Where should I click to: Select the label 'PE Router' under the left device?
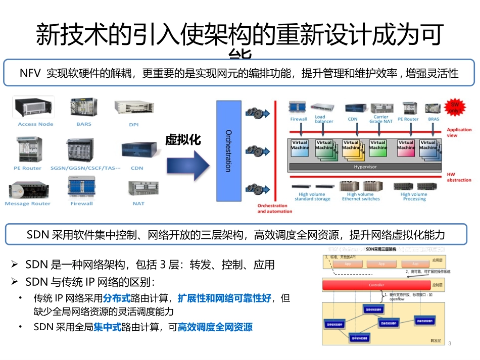click(x=28, y=168)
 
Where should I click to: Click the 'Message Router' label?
click(x=28, y=203)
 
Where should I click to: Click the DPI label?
click(x=134, y=124)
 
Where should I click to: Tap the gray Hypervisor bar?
click(x=365, y=167)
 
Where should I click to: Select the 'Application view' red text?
click(x=459, y=132)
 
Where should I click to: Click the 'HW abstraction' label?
click(x=459, y=177)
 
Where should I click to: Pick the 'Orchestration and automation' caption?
click(x=275, y=209)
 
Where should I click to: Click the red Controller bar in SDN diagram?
click(x=376, y=285)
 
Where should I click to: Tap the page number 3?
click(x=449, y=344)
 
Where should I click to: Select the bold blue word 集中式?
click(x=108, y=327)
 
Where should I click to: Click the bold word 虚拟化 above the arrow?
click(x=183, y=140)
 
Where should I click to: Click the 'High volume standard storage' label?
click(x=312, y=196)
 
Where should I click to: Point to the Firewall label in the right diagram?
click(x=299, y=119)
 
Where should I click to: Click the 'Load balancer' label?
click(x=324, y=119)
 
